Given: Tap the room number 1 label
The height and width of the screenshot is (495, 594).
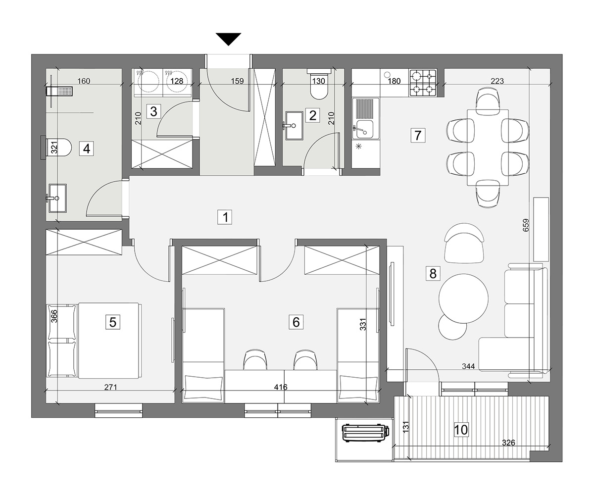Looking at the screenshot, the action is (x=225, y=217).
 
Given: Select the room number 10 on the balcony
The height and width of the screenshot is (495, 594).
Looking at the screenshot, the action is (x=461, y=430).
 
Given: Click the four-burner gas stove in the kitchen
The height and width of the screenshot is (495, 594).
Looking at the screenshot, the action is (x=423, y=83).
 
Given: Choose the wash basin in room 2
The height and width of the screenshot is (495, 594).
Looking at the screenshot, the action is (x=294, y=125).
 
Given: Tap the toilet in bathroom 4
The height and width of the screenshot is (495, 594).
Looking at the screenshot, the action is (x=56, y=148).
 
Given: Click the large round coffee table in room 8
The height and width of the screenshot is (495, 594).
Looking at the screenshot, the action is (x=463, y=298).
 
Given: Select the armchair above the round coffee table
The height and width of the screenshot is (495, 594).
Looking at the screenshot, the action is (x=464, y=243).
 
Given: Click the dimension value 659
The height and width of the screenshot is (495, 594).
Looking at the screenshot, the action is (x=526, y=225).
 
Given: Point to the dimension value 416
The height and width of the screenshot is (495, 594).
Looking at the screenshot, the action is (x=281, y=387).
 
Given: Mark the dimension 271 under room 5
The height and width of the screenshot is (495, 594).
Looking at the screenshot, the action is (x=111, y=387).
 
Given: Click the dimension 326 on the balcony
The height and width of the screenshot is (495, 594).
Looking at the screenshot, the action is (x=508, y=443).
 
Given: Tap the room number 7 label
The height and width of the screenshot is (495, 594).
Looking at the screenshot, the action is (x=418, y=136).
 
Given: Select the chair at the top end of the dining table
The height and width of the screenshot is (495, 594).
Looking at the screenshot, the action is (x=488, y=100).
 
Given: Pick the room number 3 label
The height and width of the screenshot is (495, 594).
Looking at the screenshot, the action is (x=153, y=111).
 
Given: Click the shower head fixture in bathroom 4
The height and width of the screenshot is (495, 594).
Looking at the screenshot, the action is (x=59, y=91).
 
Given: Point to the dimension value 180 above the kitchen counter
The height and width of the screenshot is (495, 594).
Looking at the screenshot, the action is (x=394, y=81).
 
